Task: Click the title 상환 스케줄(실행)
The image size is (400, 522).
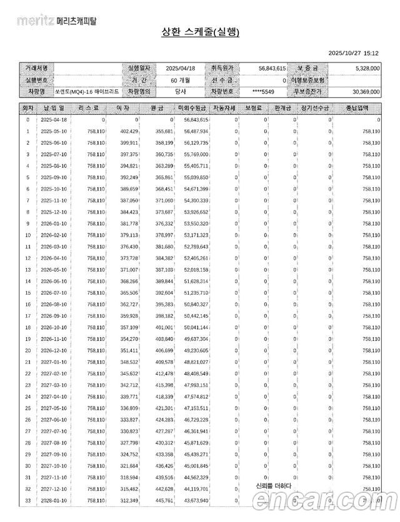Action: (200, 32)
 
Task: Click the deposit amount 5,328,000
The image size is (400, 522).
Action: (363, 68)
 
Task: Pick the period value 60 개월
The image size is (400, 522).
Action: (181, 80)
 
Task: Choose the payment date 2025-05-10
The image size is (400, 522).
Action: (54, 131)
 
